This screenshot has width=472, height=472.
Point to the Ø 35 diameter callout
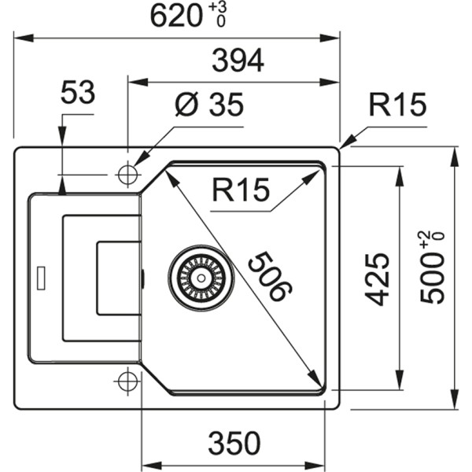pos(209,106)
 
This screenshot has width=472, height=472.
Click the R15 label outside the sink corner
pos(397,105)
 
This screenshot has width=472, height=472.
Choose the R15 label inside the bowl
pos(240,190)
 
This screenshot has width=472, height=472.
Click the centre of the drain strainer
pos(201,275)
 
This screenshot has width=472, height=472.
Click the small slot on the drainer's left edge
pos(40,276)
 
